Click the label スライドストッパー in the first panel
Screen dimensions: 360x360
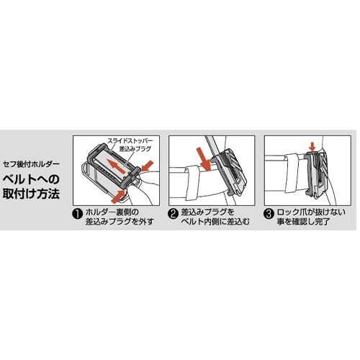click(130, 141)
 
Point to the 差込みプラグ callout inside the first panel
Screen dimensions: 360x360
click(135, 149)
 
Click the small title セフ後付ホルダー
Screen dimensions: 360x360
click(31, 164)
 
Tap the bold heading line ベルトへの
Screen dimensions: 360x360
click(31, 179)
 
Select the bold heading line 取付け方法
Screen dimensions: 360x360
click(31, 194)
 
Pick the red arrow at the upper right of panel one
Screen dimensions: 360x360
click(147, 166)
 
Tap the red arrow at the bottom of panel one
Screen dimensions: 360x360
click(119, 196)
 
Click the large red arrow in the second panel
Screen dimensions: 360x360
click(204, 159)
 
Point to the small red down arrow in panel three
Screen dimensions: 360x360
click(312, 147)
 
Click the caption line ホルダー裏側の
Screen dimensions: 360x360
click(112, 212)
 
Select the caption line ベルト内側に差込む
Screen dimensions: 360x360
click(215, 222)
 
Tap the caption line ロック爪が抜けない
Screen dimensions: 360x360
click(311, 212)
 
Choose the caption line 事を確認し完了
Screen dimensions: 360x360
click(303, 222)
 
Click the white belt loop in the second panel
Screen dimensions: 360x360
click(192, 183)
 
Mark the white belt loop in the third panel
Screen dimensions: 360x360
click(292, 174)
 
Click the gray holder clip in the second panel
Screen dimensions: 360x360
click(230, 174)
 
